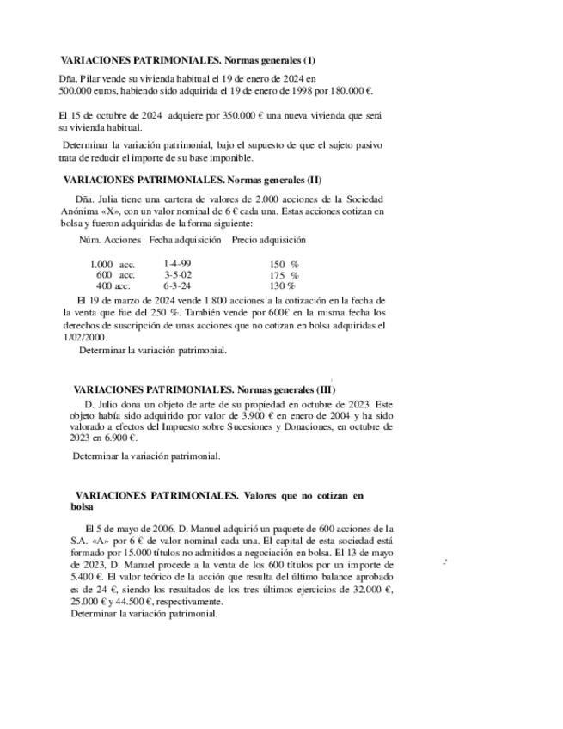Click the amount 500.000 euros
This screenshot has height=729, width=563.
click(x=86, y=89)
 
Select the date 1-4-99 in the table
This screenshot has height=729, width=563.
click(x=177, y=264)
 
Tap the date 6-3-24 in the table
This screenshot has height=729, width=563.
click(x=177, y=285)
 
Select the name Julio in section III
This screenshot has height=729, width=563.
click(x=113, y=403)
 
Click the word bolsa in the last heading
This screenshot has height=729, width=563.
click(x=82, y=507)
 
